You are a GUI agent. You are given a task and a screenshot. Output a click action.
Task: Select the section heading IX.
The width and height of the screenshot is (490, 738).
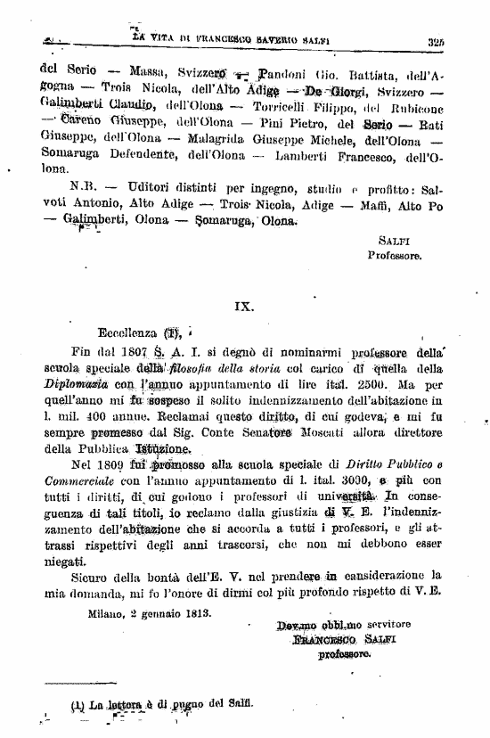click(244, 305)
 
